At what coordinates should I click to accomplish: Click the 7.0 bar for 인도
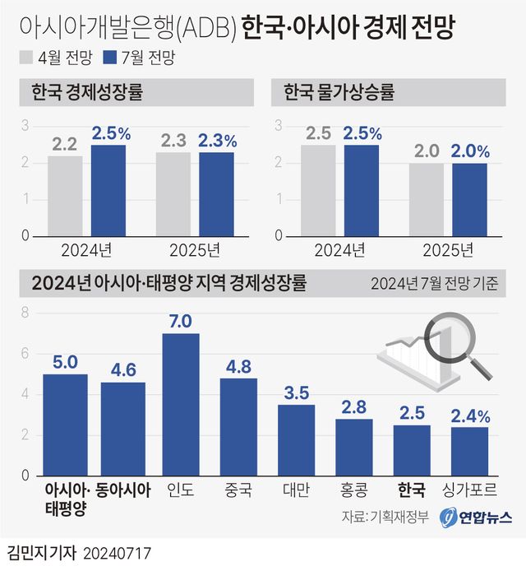coord(181,404)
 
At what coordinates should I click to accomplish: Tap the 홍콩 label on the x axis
coord(354,491)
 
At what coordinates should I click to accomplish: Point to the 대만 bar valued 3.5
coord(296,440)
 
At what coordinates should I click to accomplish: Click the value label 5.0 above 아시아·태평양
coord(65,361)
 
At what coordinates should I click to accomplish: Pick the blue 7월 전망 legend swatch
coord(110,58)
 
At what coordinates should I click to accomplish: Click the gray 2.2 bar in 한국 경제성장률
coord(65,196)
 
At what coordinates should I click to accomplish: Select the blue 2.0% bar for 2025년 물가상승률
coord(469,199)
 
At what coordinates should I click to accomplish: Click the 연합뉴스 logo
coord(476,518)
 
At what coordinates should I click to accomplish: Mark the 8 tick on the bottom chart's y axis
coord(25,313)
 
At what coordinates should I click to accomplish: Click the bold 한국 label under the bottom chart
coord(412,491)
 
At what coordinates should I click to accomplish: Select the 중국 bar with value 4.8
coord(238,427)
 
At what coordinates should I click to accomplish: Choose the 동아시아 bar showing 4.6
coord(123,429)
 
